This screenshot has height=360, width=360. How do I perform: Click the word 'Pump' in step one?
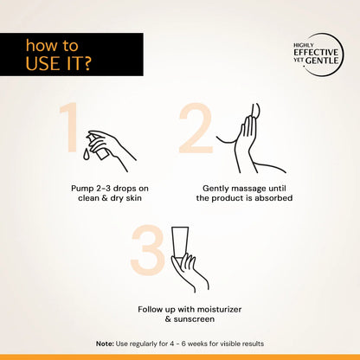(x=85, y=187)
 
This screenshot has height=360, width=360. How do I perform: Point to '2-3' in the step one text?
(x=110, y=187)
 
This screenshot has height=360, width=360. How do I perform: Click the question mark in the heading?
(x=89, y=64)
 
